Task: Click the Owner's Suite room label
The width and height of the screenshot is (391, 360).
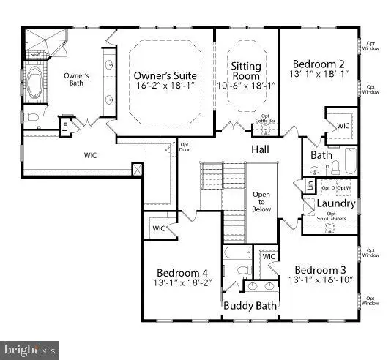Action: tap(164, 75)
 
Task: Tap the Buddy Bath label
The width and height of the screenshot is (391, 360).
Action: tap(250, 306)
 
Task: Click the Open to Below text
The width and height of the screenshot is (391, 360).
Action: tap(261, 201)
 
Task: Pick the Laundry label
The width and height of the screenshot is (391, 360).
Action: tap(338, 203)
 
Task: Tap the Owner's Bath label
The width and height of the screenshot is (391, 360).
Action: tap(75, 79)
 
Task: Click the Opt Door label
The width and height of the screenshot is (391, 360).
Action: tap(185, 147)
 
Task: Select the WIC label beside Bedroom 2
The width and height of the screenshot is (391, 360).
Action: tap(343, 126)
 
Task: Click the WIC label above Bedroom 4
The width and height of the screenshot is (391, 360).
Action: tap(158, 228)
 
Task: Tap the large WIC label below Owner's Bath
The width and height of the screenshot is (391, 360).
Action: tap(91, 154)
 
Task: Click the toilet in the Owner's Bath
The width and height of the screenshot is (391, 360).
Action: tap(30, 116)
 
